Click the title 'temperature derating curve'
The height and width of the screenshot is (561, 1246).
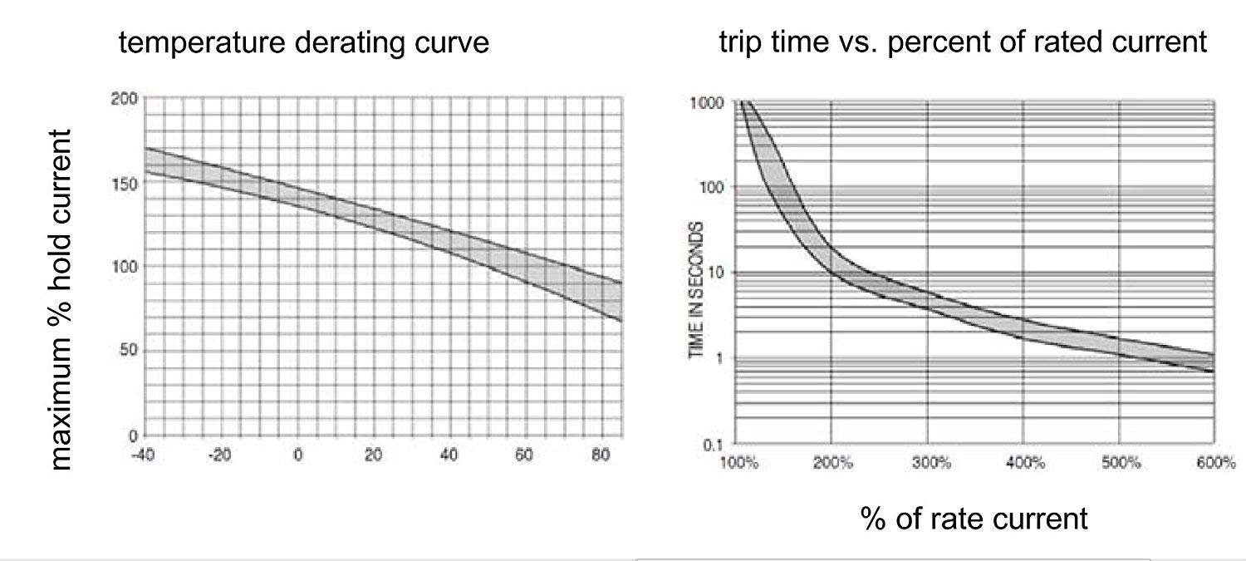(304, 42)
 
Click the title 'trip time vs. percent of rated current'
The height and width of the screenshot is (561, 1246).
(963, 42)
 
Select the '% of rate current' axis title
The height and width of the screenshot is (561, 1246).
(974, 519)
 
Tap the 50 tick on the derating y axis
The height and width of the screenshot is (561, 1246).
(125, 352)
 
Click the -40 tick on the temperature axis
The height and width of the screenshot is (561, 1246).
(145, 455)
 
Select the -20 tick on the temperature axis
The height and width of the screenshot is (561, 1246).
(219, 455)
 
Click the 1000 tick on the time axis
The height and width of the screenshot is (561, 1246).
(708, 103)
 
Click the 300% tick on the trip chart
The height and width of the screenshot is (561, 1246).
(929, 463)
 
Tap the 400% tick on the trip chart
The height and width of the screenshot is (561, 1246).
(1024, 463)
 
